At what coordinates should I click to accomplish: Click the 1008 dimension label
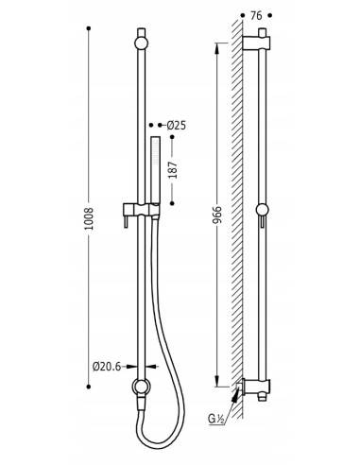click(x=90, y=218)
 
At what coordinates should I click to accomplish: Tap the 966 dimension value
click(x=217, y=215)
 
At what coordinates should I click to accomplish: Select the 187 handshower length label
click(x=173, y=170)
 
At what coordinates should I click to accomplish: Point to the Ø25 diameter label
click(x=177, y=126)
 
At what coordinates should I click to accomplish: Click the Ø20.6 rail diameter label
click(x=107, y=367)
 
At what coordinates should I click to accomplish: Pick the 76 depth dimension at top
click(x=256, y=15)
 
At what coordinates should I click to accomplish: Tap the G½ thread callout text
click(x=215, y=420)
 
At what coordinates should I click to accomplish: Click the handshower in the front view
click(x=155, y=169)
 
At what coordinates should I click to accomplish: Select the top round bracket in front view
click(x=141, y=43)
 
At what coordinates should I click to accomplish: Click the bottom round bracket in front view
click(x=141, y=387)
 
